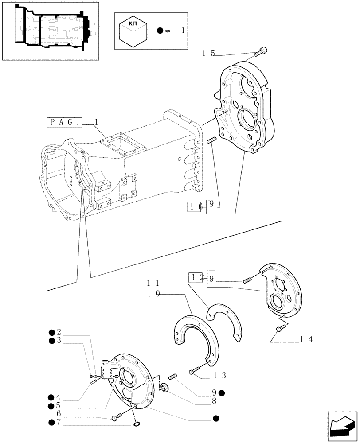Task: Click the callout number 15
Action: click(x=208, y=53)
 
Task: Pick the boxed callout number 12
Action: click(x=196, y=278)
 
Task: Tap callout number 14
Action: click(x=306, y=339)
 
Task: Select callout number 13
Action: click(x=220, y=376)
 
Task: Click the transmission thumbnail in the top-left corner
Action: click(x=50, y=30)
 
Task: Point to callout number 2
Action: click(x=59, y=332)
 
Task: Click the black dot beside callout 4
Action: click(x=52, y=397)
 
